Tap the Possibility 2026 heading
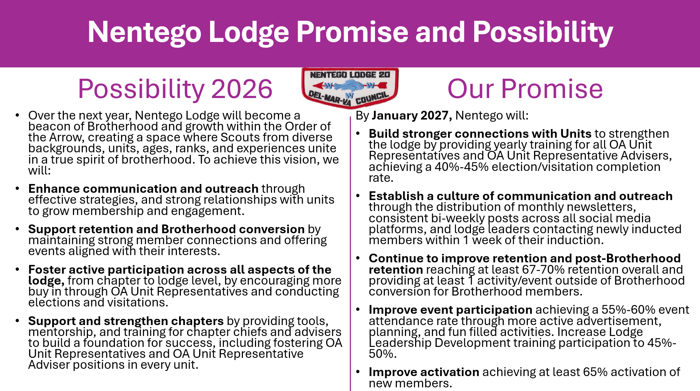(175, 89)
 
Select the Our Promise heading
(525, 89)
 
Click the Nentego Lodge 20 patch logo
(350, 87)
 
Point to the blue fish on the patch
(349, 86)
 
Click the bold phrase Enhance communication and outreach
(143, 189)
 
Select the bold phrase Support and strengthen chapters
(126, 321)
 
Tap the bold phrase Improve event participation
(450, 310)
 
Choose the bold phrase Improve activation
(424, 372)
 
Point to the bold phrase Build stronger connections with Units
(480, 134)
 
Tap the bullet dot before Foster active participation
(17, 270)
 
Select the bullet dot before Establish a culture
(358, 196)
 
